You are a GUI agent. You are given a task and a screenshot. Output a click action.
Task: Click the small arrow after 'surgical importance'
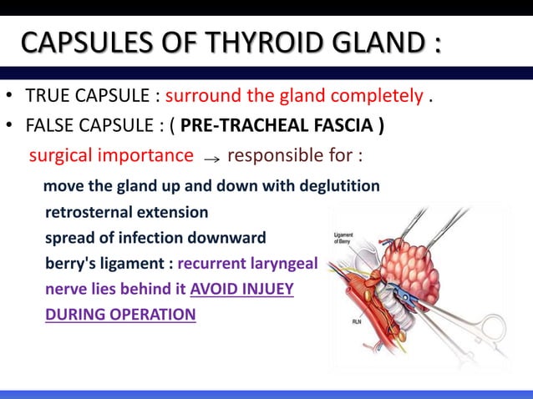point(211,157)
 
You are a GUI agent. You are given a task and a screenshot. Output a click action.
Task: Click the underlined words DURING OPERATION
point(120,315)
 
